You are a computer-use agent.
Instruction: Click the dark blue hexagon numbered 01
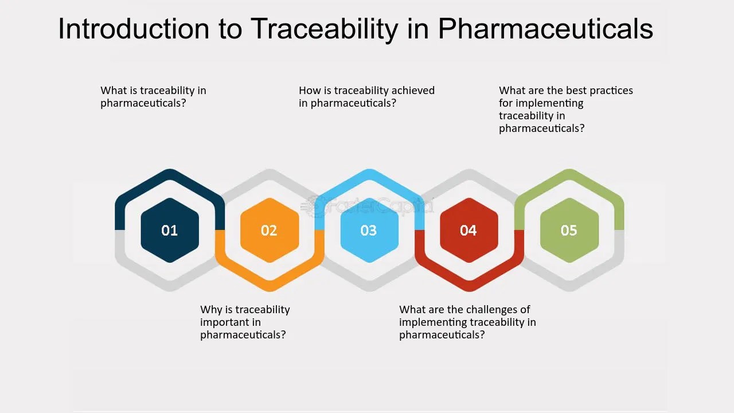pos(170,230)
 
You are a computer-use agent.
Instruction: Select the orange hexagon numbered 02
pos(270,230)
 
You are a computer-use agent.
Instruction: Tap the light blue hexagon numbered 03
pos(369,230)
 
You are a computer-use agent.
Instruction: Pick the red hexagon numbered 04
pos(469,230)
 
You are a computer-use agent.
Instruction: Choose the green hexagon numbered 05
pos(569,230)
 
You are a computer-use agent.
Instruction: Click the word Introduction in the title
pos(134,29)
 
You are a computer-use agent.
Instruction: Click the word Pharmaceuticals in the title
pos(545,29)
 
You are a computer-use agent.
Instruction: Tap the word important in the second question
pos(231,322)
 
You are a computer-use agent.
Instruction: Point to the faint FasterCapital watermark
pos(367,206)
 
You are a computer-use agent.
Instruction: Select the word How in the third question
pos(307,90)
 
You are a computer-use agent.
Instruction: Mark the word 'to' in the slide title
pos(231,29)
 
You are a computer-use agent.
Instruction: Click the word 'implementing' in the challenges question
pos(428,322)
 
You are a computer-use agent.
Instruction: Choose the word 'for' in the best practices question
pos(505,103)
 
